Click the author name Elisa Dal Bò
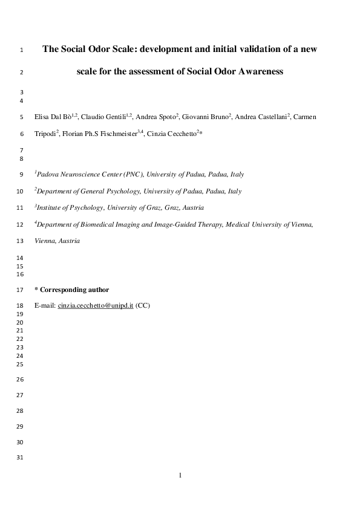coord(53,117)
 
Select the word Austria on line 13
coord(69,241)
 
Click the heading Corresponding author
coord(74,290)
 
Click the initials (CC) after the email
coord(143,306)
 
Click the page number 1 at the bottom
coord(180,475)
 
